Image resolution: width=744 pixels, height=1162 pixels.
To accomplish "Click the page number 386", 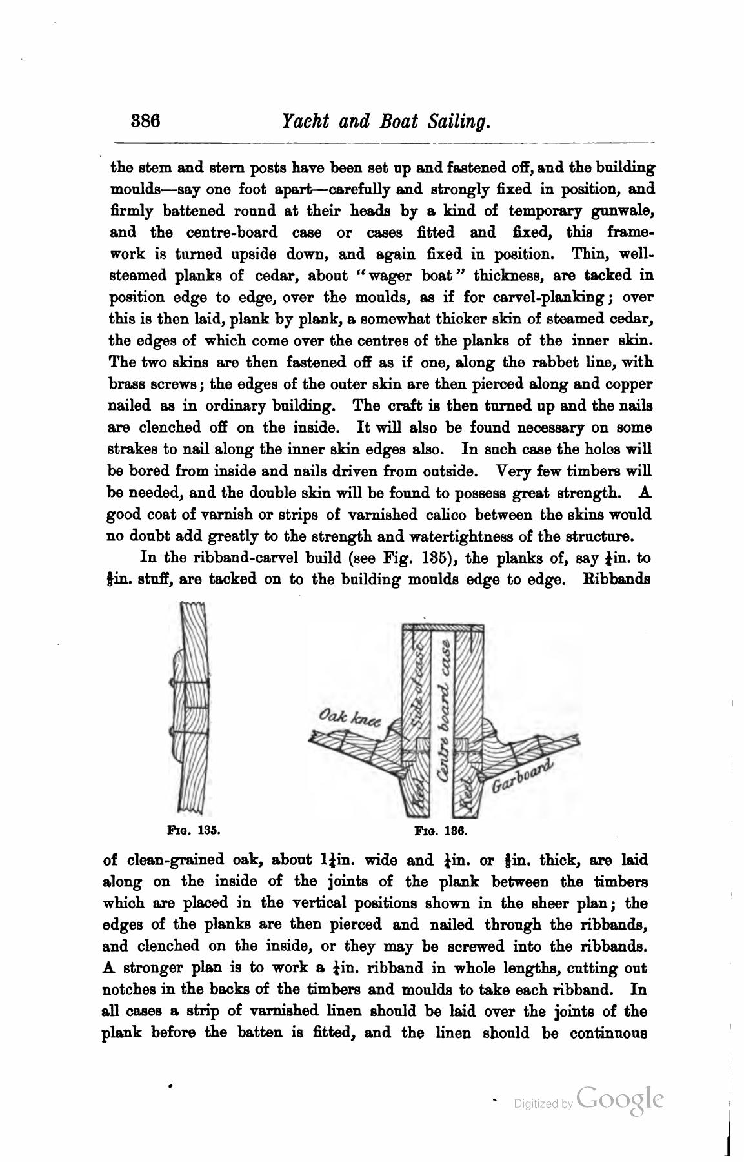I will pos(145,121).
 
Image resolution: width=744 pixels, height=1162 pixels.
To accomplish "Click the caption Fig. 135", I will pos(194,829).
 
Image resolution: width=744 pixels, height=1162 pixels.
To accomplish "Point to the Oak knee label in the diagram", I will pos(350,718).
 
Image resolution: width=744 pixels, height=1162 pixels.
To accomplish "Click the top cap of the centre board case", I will pos(442,627).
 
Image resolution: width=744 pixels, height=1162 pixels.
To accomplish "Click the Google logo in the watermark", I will pos(620,1099).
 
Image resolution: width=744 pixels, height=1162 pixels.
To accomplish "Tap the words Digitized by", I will pos(543,1105).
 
